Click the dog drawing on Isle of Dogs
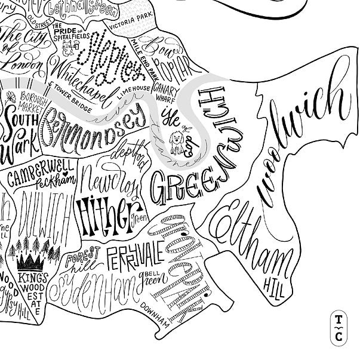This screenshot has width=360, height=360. [x=177, y=142]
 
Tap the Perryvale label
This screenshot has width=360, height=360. [x=134, y=255]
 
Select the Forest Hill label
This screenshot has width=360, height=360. [x=81, y=261]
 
